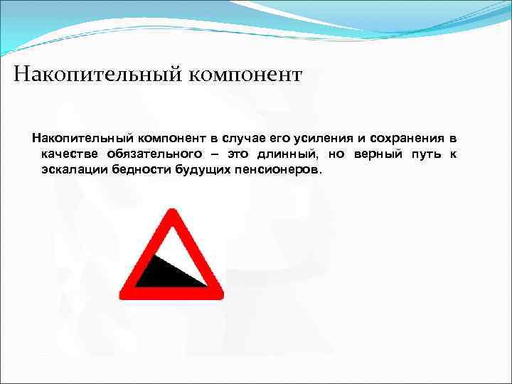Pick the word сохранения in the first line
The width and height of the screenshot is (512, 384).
click(406, 136)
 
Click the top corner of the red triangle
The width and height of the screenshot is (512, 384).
click(171, 212)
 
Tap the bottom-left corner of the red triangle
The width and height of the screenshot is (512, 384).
click(123, 294)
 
